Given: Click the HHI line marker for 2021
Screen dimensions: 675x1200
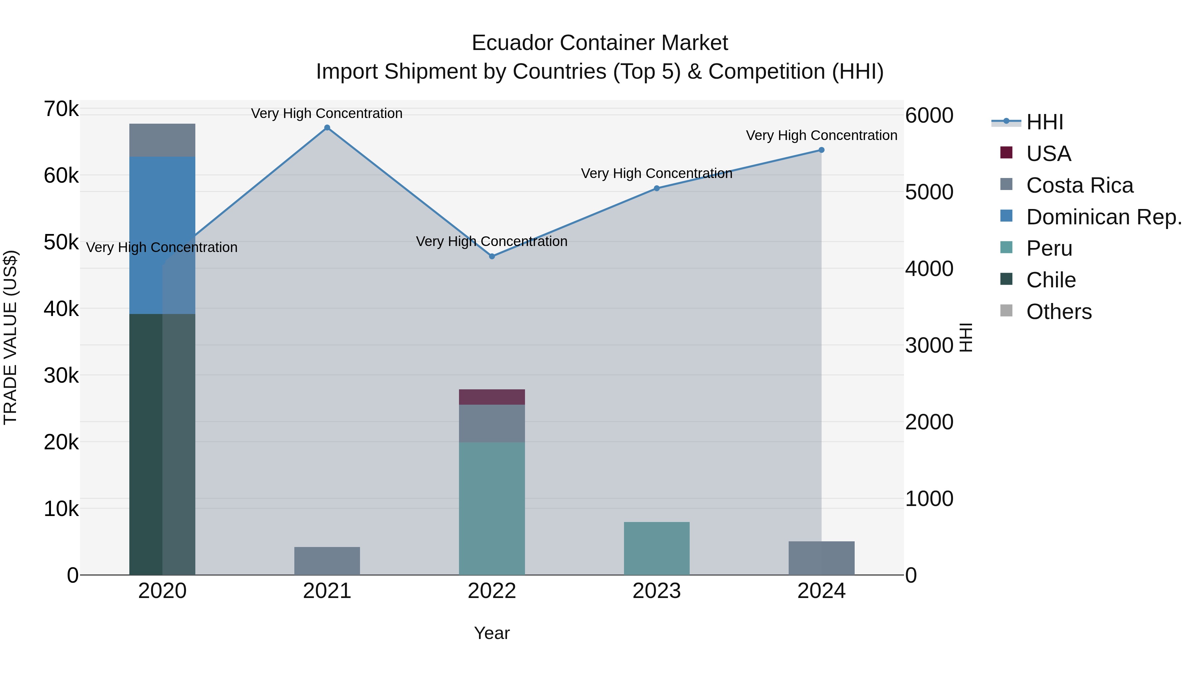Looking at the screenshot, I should [x=327, y=128].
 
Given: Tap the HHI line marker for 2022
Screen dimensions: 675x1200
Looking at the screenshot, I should [x=492, y=256].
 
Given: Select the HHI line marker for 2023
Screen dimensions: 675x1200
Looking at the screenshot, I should [x=656, y=188].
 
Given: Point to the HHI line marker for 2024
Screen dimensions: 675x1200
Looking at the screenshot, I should [x=821, y=150].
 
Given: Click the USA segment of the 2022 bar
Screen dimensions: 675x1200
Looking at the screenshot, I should [x=492, y=397].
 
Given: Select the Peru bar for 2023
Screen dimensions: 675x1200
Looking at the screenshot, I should [x=656, y=548].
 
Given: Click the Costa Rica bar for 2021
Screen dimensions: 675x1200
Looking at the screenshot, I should [x=327, y=561].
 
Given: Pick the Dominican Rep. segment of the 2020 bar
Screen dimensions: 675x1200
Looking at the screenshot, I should [x=162, y=235].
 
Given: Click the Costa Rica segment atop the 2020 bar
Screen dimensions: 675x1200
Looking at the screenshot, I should [x=162, y=140].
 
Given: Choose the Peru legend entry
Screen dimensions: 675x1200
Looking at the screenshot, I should [x=1049, y=248].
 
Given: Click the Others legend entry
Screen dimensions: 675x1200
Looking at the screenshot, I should [x=1058, y=312].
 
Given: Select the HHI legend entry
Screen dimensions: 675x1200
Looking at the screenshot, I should [x=1044, y=122].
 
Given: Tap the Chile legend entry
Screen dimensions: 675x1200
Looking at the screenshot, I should [x=1051, y=280].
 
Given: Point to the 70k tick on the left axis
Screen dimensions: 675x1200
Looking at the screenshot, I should [x=61, y=109].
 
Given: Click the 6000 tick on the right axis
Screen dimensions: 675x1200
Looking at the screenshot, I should [x=929, y=116].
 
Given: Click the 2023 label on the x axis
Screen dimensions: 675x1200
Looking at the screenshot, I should [x=656, y=591].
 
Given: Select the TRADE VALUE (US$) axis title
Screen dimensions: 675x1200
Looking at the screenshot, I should [x=10, y=337].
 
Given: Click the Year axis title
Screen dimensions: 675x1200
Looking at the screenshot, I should [x=492, y=633].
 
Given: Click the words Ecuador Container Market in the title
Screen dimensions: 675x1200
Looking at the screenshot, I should [x=600, y=43].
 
